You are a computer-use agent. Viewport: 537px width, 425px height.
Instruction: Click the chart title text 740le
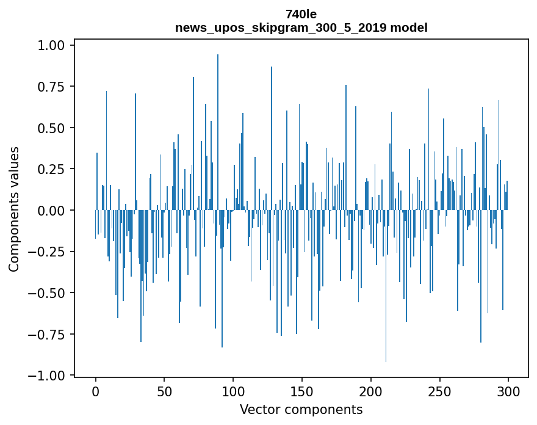click(301, 14)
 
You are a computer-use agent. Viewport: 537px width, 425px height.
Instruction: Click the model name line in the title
click(301, 27)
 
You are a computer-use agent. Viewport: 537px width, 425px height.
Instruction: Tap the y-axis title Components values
click(13, 209)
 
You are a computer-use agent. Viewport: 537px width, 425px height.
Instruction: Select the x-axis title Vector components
click(301, 409)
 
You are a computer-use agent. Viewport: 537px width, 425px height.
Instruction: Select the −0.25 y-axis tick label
click(52, 252)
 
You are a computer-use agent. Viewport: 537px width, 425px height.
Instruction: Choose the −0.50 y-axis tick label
click(52, 292)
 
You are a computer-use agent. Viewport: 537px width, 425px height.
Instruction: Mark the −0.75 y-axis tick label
click(52, 334)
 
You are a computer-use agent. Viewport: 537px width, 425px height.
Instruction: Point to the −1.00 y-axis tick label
click(52, 375)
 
